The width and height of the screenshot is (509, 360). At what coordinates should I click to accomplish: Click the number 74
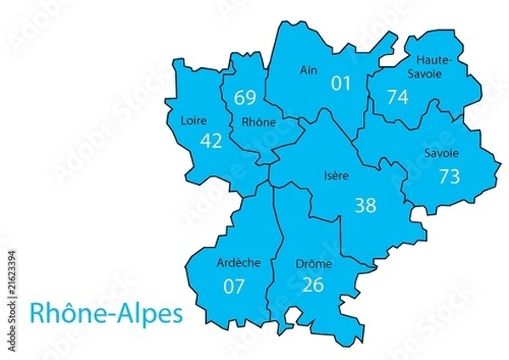(x=397, y=97)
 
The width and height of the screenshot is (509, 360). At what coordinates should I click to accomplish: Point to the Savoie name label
(x=440, y=154)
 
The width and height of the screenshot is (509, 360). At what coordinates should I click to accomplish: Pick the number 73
(x=449, y=176)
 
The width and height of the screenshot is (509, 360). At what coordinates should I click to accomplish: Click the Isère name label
(x=337, y=177)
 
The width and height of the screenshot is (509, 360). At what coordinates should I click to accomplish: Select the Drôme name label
(x=314, y=264)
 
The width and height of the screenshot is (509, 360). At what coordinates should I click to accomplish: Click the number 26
(x=312, y=284)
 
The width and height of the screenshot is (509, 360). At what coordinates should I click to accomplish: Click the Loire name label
(x=193, y=120)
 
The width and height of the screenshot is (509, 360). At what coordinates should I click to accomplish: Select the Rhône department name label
(x=259, y=122)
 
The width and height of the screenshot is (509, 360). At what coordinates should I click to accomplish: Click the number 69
(x=246, y=96)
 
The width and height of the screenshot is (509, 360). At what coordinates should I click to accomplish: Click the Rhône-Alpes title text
(x=106, y=313)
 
